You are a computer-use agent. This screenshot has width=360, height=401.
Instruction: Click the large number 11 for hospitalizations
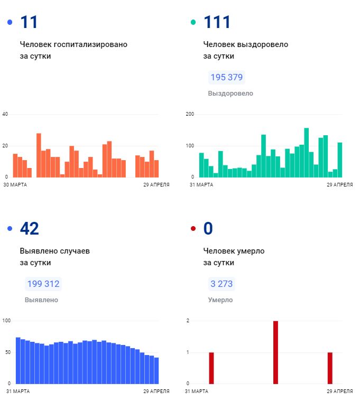pos(29,22)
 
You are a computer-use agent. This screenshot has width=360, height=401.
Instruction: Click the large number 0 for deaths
pos(208,228)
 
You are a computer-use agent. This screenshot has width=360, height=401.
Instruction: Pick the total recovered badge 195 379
pos(226,78)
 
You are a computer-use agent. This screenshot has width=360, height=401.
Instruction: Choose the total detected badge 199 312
pos(43,284)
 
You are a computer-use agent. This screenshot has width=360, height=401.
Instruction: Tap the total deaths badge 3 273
pos(221,284)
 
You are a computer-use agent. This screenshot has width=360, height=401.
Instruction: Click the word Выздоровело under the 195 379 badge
pos(230,94)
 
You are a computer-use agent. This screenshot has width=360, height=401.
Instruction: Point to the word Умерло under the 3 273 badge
pos(220,300)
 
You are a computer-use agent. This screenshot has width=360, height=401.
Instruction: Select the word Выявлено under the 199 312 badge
pos(41,300)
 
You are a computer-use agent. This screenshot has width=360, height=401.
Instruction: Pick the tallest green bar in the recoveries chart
pos(307,152)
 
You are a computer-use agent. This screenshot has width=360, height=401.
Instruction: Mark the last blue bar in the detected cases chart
pos(156,370)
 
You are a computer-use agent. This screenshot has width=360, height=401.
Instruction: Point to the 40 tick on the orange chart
pos(6,114)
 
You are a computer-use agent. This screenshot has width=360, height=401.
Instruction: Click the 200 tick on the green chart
pos(190,114)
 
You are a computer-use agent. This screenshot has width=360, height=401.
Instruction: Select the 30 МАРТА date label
pos(15,185)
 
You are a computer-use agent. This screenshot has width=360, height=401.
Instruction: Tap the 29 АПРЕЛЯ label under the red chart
pos(339,391)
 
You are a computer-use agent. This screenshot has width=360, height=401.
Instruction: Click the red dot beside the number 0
pos(193,229)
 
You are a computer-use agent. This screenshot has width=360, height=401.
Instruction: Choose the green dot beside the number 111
pos(193,22)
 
